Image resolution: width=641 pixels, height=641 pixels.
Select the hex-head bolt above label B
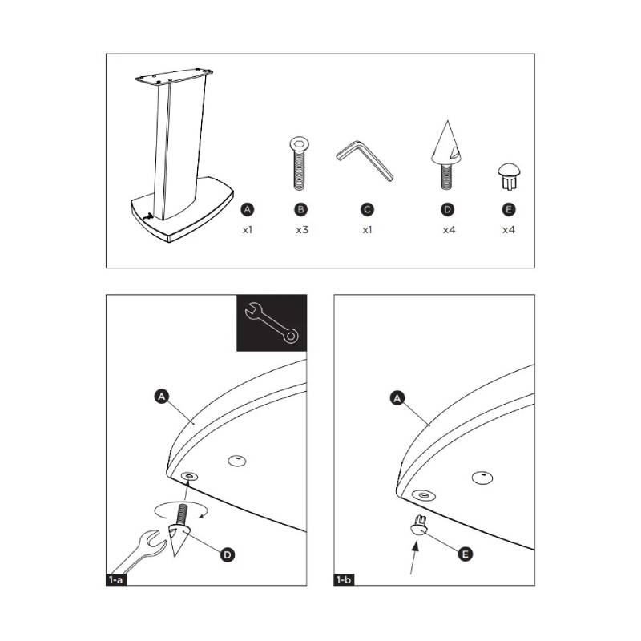[x=300, y=163]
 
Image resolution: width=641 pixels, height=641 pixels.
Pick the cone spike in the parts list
[x=447, y=155]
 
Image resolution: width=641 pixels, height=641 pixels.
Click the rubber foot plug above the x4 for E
[x=509, y=176]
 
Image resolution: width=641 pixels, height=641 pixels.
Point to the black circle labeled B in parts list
[x=301, y=210]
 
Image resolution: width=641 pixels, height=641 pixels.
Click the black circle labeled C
[x=367, y=210]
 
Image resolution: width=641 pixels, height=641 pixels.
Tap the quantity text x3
[x=302, y=230]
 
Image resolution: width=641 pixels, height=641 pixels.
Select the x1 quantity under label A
[x=248, y=230]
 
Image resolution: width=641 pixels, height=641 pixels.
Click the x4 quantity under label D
[x=449, y=230]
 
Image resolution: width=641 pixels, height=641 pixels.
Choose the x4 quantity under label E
[x=509, y=230]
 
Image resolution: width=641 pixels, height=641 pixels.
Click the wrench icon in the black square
[x=272, y=323]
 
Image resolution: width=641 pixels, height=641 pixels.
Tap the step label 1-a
[x=115, y=579]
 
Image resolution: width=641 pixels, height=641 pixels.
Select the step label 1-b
[x=344, y=579]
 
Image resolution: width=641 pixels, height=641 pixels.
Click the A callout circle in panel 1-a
[x=162, y=397]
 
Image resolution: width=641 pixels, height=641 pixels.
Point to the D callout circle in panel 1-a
[x=228, y=554]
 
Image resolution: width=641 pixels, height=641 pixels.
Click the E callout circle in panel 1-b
[x=465, y=554]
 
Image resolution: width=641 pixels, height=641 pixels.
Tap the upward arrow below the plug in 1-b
[x=413, y=557]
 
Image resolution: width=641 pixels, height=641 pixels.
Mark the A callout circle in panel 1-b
[x=397, y=397]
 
